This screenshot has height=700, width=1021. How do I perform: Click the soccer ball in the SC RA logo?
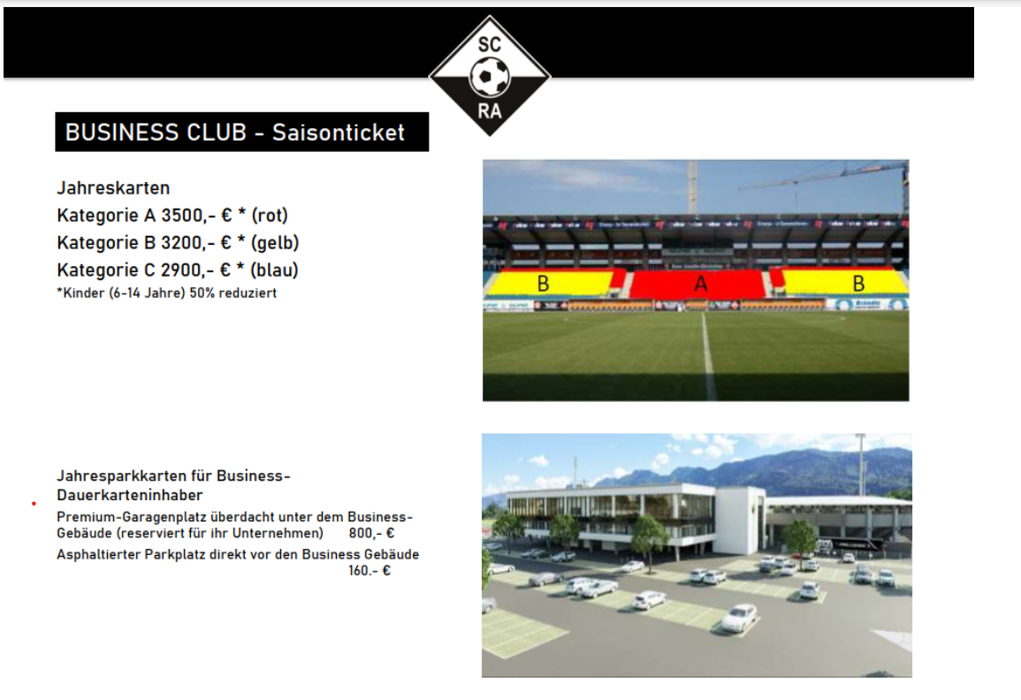click(490, 76)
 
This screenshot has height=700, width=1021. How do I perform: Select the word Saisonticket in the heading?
click(338, 133)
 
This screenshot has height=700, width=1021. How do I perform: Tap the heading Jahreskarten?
click(113, 188)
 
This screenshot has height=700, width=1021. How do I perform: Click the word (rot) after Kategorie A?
click(270, 216)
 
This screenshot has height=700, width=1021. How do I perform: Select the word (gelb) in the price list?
click(275, 243)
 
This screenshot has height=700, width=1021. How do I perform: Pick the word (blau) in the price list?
click(274, 270)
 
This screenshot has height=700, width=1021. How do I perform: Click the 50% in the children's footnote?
click(202, 293)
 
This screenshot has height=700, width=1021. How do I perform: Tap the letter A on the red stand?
click(701, 283)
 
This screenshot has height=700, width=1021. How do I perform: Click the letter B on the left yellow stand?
click(543, 283)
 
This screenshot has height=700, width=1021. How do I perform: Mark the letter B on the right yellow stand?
click(858, 283)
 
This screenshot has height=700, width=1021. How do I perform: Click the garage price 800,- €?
click(371, 533)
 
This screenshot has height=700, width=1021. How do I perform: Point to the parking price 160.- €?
click(370, 571)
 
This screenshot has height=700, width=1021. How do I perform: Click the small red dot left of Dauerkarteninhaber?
click(34, 504)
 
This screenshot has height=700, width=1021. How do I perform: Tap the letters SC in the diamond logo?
click(490, 44)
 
